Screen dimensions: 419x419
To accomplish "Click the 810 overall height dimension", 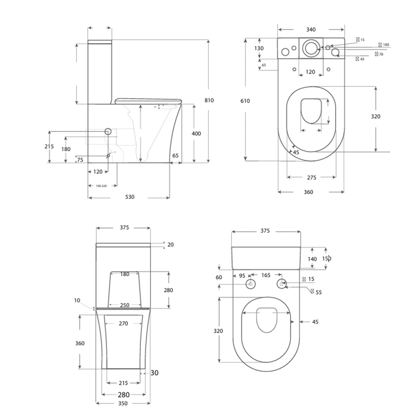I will coord(209,101).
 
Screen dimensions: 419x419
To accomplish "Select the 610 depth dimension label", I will coord(245,101).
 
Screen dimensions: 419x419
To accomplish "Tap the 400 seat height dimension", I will coord(196,134).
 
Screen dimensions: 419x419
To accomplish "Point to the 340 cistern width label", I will coord(311,30).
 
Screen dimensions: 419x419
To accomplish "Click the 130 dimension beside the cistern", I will coord(259,49).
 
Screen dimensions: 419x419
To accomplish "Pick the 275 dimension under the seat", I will coord(311,178).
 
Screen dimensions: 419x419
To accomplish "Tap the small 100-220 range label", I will coord(101,186).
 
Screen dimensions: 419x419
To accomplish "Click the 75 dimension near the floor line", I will coord(80,160).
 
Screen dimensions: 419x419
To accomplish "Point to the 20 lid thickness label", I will coord(170,245).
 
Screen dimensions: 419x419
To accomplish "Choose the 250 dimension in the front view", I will coord(125,305).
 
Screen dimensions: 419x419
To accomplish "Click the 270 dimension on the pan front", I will coord(123,324).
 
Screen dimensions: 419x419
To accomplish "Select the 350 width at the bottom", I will coord(123,403).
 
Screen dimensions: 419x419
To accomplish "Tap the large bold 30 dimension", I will coord(154,373).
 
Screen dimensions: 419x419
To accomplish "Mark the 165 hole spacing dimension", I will coord(266,275).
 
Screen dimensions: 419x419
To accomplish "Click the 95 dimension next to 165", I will coord(242,275).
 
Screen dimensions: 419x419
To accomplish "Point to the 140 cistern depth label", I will coord(312,259).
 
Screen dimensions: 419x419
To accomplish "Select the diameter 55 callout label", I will coord(318,292).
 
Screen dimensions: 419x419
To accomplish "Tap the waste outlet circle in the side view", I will coord(108,132).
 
